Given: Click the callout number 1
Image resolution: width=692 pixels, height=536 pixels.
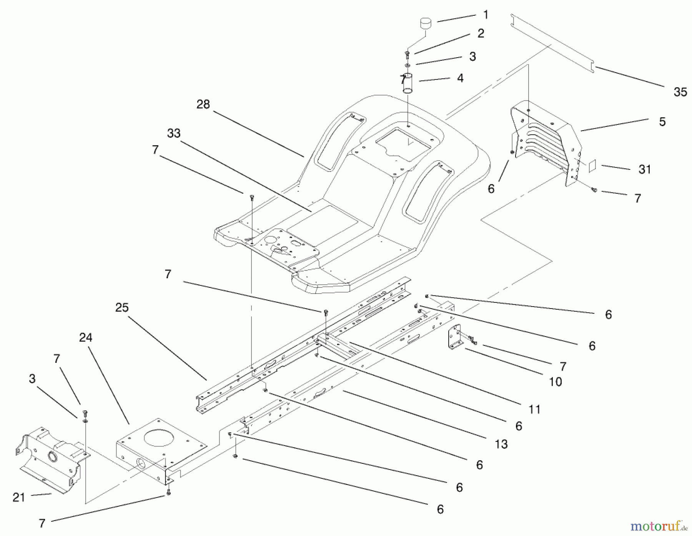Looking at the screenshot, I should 486,15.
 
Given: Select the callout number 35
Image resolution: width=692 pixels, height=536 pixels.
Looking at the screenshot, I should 680,92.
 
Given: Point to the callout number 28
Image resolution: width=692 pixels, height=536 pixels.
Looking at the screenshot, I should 203,105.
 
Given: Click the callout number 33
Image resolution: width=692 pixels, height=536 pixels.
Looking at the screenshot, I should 174,133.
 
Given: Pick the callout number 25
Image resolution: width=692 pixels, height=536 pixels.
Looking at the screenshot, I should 122,308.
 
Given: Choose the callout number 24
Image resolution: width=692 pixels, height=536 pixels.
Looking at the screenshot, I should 86,338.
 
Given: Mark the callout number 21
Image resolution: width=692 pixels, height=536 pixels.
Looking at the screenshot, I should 19,498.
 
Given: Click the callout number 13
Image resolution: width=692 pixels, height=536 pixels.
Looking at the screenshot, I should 501,444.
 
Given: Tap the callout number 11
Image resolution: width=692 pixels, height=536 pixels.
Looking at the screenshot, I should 534,410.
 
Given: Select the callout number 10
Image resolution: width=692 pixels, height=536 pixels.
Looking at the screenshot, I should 556,382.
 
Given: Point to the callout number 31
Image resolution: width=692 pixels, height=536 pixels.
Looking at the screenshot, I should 645,169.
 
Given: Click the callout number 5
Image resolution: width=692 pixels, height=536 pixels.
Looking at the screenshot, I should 662,122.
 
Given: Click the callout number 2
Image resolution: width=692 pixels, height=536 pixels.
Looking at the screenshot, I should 481,33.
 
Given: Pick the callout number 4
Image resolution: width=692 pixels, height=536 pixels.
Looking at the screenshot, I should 460,78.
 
